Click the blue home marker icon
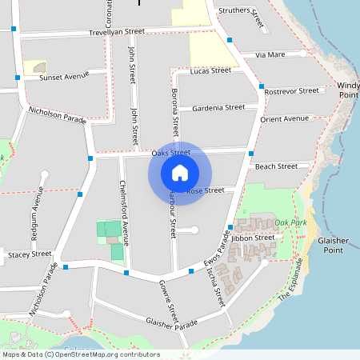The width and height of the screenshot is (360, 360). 180,172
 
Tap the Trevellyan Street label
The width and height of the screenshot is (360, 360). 117,32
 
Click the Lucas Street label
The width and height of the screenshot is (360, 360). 210,71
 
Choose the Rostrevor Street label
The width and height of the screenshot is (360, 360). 291,91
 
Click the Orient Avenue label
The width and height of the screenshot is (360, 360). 284,119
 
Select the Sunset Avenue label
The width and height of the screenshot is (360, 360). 64,77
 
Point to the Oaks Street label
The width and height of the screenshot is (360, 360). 170,152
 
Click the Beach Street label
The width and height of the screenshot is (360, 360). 276,166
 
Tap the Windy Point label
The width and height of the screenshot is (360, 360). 348,90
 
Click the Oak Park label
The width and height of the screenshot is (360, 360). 290,222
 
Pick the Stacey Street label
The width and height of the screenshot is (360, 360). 30,254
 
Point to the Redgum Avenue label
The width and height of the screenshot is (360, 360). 36,209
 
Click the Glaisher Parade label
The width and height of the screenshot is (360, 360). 171,322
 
